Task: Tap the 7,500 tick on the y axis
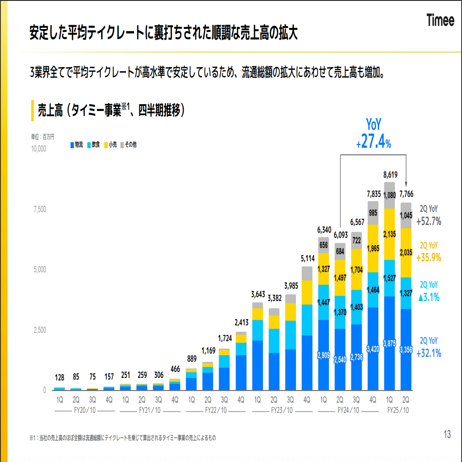(39, 209)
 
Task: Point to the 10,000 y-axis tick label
(38, 149)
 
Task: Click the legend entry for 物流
(76, 145)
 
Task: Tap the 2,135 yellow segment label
(389, 234)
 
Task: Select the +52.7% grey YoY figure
(429, 222)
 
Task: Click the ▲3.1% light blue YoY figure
(429, 298)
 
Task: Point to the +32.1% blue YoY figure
(429, 353)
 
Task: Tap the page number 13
(447, 435)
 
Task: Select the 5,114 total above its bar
(307, 258)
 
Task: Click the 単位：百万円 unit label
(43, 137)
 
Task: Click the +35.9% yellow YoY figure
(429, 258)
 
